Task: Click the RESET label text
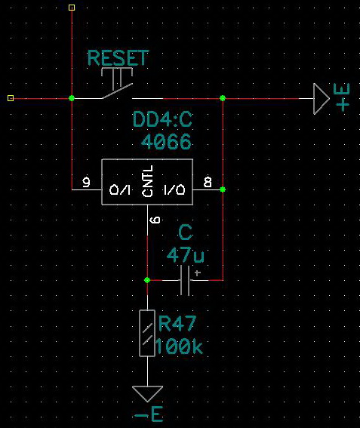coord(118,58)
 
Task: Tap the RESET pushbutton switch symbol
coord(118,83)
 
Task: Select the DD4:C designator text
coord(162,119)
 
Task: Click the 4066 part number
coord(166,141)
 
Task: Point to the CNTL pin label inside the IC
coord(148,181)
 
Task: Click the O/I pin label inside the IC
coord(120,189)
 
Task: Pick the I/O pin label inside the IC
coord(174,189)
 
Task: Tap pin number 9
coord(86,182)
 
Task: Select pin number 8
coord(208,182)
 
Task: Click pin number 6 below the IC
coord(155,220)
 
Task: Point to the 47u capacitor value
coord(186,255)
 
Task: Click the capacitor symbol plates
coord(186,280)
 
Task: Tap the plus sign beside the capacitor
coord(198,273)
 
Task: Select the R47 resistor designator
coord(177,324)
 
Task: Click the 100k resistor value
coord(180,346)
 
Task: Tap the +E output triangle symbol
coord(322,99)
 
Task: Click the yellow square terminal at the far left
coord(11,98)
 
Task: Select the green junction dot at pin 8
coord(223,189)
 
